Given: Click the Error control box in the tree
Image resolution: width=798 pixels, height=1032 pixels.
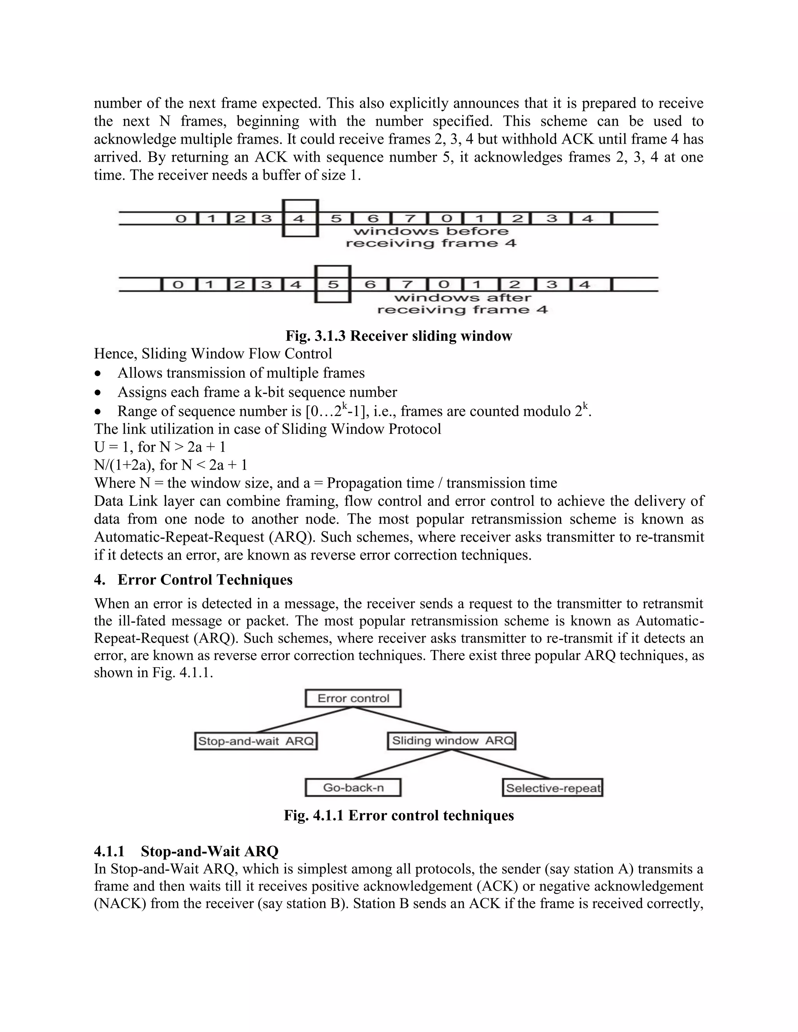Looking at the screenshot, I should pyautogui.click(x=353, y=698).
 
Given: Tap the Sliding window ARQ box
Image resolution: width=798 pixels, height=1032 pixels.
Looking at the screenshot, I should pyautogui.click(x=452, y=740).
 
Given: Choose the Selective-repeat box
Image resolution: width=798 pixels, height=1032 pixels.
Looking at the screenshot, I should pyautogui.click(x=552, y=788).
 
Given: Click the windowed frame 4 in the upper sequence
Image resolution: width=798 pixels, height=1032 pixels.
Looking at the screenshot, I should pyautogui.click(x=300, y=218).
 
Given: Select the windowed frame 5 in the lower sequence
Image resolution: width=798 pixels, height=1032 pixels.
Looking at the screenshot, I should pyautogui.click(x=333, y=284).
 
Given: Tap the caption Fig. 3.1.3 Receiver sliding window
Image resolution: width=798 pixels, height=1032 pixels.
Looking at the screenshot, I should pyautogui.click(x=399, y=336).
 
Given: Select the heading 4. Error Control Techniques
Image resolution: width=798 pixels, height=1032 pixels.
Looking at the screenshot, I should pyautogui.click(x=193, y=580).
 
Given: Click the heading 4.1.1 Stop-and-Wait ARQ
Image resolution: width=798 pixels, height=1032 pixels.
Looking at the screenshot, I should pyautogui.click(x=186, y=851).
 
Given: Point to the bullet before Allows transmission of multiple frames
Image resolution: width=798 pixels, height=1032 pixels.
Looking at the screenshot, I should pyautogui.click(x=98, y=373).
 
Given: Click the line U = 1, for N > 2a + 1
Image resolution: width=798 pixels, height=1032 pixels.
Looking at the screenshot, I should pyautogui.click(x=160, y=447).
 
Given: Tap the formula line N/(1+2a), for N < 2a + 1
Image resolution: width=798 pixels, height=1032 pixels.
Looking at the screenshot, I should pyautogui.click(x=171, y=465).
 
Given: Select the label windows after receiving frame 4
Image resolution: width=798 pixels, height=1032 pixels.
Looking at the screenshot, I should pyautogui.click(x=463, y=304).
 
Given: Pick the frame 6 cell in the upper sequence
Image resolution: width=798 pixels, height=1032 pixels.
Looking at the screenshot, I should pyautogui.click(x=373, y=218).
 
